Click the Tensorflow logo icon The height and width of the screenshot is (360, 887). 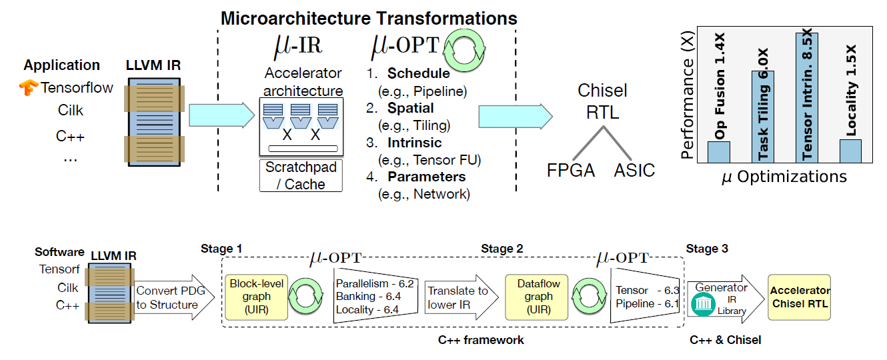coord(29,87)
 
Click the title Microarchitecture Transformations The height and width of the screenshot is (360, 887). coord(369,18)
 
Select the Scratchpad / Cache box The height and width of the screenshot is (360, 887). coord(301,175)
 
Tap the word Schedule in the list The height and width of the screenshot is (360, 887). coord(419,73)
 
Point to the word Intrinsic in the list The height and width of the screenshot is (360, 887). coord(415,143)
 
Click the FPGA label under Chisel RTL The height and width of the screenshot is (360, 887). coord(571,170)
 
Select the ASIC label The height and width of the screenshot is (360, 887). coord(634,170)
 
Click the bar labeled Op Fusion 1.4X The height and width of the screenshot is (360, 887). coord(719,152)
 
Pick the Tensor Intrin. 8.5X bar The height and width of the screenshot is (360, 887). coord(806,97)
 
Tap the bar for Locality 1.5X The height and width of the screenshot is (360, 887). coord(850,151)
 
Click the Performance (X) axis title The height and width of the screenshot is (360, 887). coord(688,95)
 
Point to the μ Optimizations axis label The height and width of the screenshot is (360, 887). coord(784,177)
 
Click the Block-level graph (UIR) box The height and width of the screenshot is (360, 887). coord(256,297)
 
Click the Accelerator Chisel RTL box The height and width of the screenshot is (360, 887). coord(799,297)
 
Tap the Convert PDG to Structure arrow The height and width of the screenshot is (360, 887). coord(174,297)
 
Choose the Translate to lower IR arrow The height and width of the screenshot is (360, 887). coord(462,297)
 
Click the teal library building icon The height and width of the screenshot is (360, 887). coord(703,304)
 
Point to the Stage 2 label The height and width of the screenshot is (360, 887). coord(502,249)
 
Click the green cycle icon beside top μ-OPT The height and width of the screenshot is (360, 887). coord(464,50)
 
